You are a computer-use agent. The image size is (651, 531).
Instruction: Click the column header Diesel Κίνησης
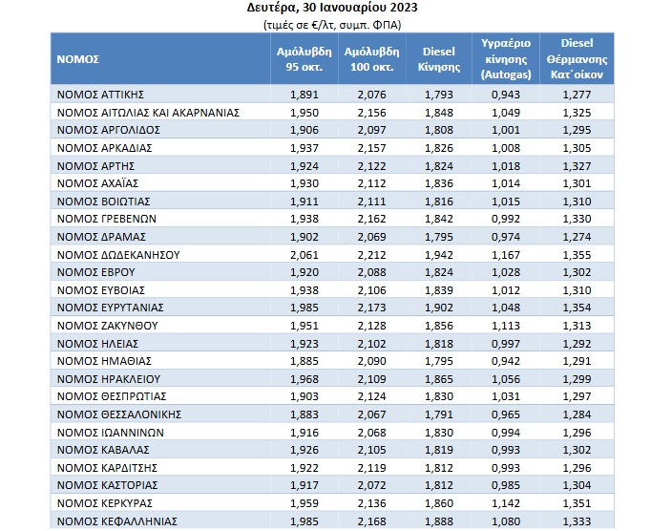[x=439, y=59]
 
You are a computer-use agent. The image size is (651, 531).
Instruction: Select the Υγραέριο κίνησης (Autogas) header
[x=506, y=59]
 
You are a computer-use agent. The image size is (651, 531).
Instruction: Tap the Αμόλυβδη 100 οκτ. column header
[x=371, y=59]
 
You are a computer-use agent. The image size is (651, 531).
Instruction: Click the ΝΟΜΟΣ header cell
[x=78, y=59]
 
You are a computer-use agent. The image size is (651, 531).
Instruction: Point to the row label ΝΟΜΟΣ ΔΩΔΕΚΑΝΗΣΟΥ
[x=118, y=255]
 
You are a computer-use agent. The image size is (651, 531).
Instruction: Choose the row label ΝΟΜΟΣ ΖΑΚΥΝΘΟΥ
[x=108, y=326]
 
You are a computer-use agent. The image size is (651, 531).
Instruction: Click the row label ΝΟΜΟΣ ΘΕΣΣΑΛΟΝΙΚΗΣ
[x=119, y=414]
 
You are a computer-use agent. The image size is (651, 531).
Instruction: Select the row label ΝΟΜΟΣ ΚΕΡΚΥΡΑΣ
[x=105, y=503]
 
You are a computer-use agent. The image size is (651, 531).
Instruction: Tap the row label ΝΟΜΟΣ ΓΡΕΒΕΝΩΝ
[x=107, y=219]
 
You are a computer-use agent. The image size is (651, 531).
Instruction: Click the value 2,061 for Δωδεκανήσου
[x=304, y=255]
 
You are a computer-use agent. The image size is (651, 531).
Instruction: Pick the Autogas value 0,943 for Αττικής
[x=506, y=95]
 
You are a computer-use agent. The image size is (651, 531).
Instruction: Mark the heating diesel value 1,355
[x=577, y=255]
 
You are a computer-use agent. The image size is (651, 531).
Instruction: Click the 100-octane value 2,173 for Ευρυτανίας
[x=371, y=308]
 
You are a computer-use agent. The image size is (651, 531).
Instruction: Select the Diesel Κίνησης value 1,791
[x=439, y=414]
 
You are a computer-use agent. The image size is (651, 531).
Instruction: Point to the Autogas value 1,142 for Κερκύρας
[x=506, y=503]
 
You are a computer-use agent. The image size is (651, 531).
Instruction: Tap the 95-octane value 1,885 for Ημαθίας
[x=304, y=361]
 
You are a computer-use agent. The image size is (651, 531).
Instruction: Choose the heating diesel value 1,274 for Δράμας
[x=577, y=237]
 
